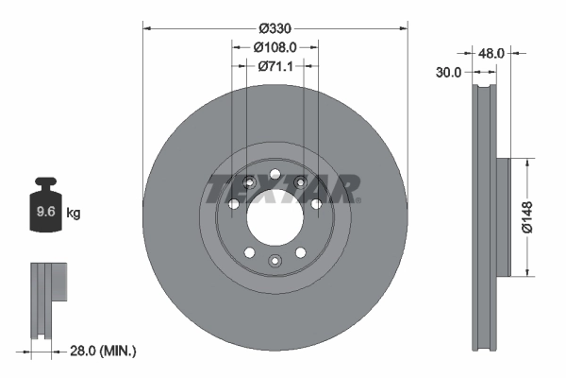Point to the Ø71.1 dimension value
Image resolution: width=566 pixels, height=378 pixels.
tap(275, 66)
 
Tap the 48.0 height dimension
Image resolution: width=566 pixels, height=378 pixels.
tap(490, 54)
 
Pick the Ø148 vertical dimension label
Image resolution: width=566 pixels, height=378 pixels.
tap(530, 217)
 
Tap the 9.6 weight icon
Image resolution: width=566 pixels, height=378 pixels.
tap(45, 210)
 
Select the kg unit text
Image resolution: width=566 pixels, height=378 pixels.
tap(74, 214)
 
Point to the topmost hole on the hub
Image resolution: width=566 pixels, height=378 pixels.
tap(275, 174)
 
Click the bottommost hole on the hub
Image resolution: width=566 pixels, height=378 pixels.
tap(275, 260)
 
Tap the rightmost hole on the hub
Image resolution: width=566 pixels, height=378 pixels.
tap(315, 203)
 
